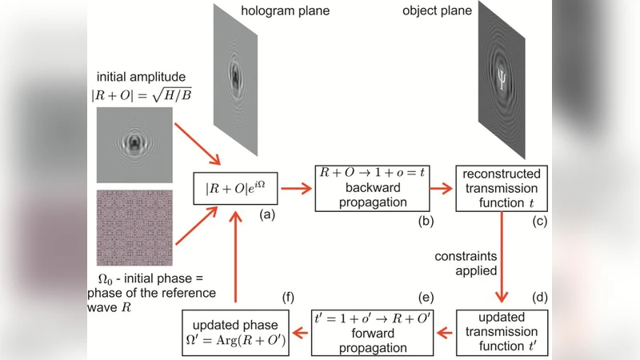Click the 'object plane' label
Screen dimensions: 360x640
click(x=438, y=11)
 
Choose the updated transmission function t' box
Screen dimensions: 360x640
click(x=502, y=330)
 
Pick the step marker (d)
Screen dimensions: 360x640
click(x=541, y=298)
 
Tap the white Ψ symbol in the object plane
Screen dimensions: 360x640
click(x=502, y=78)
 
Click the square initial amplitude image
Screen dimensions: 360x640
click(x=134, y=146)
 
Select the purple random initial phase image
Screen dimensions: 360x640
click(x=134, y=229)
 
